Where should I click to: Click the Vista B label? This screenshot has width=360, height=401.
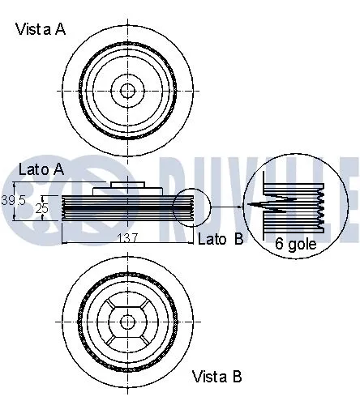(x=216, y=377)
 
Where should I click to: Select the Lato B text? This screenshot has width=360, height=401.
(x=221, y=239)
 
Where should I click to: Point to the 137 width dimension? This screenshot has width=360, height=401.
(x=128, y=237)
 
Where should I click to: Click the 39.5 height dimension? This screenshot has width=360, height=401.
(x=14, y=199)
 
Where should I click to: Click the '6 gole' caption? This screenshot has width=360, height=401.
(x=295, y=242)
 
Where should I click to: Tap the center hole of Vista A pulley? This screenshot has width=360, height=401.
(x=127, y=89)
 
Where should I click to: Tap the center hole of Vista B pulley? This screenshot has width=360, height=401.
(x=127, y=321)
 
